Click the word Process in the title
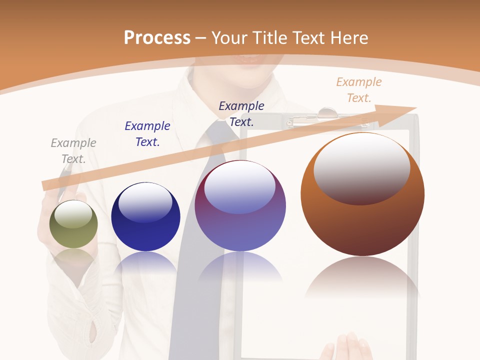pyautogui.click(x=157, y=38)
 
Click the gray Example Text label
pyautogui.click(x=73, y=151)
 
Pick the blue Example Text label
pyautogui.click(x=147, y=134)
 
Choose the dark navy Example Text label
pyautogui.click(x=241, y=113)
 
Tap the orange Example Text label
pyautogui.click(x=359, y=90)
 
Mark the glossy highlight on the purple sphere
pyautogui.click(x=240, y=187)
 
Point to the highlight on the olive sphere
pyautogui.click(x=73, y=214)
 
